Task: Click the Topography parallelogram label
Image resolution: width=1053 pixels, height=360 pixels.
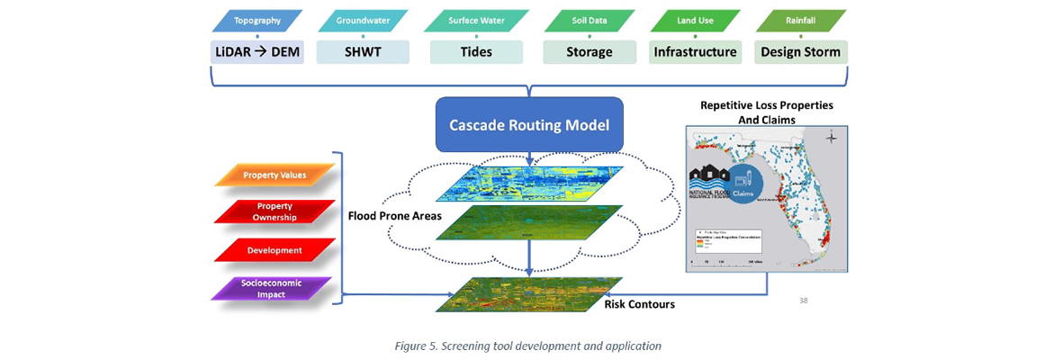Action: click(x=256, y=19)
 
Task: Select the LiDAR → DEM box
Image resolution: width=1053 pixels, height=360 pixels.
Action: click(x=256, y=52)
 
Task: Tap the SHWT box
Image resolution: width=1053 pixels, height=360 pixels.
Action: click(x=363, y=52)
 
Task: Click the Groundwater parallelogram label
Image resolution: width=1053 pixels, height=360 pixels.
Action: click(x=363, y=19)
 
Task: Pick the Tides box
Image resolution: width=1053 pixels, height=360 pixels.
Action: click(x=476, y=52)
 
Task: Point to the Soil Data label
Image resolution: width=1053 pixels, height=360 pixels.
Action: click(x=589, y=19)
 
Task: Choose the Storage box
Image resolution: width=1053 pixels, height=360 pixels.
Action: click(x=589, y=52)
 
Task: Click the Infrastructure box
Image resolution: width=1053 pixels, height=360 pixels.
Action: click(x=696, y=52)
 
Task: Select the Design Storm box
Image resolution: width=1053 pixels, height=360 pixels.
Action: click(x=800, y=52)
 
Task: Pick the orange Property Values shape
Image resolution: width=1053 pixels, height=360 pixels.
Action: click(x=274, y=175)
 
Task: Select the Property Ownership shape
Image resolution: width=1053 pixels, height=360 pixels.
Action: click(x=274, y=211)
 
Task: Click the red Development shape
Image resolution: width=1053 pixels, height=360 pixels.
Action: click(x=274, y=249)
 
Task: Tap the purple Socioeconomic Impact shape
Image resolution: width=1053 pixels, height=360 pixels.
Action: click(x=274, y=287)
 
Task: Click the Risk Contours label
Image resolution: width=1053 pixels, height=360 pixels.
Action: click(x=640, y=304)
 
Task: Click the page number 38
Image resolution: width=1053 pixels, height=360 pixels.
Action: click(x=803, y=300)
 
